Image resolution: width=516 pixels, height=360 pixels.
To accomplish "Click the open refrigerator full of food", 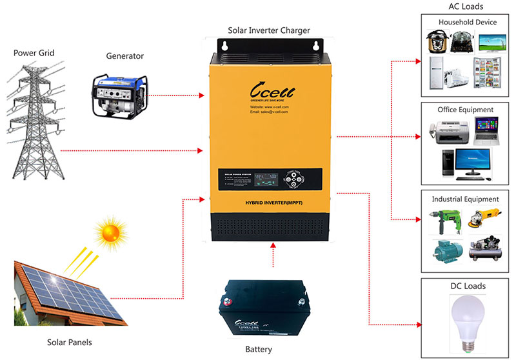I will [x=485, y=72].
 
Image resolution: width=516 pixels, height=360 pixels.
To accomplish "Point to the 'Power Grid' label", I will [x=34, y=52].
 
